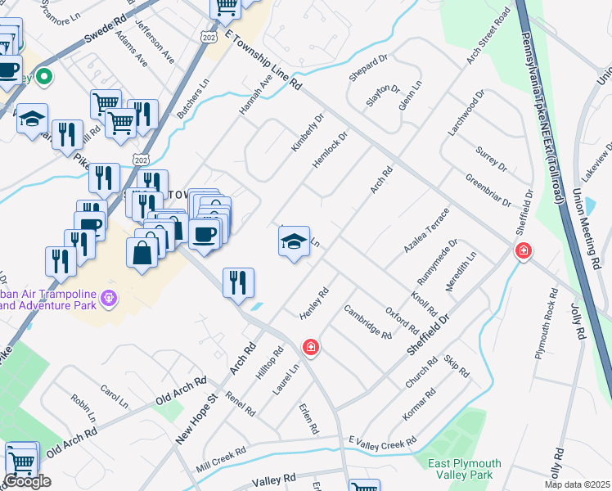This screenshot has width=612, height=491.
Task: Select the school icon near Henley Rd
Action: click(294, 241)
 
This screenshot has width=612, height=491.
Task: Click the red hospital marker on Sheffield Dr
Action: click(522, 250)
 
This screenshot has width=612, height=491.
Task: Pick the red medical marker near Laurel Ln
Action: click(310, 348)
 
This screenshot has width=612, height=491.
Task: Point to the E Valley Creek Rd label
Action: click(382, 443)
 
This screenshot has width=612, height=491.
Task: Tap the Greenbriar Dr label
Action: click(488, 190)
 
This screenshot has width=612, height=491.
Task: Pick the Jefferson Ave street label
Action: click(155, 41)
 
